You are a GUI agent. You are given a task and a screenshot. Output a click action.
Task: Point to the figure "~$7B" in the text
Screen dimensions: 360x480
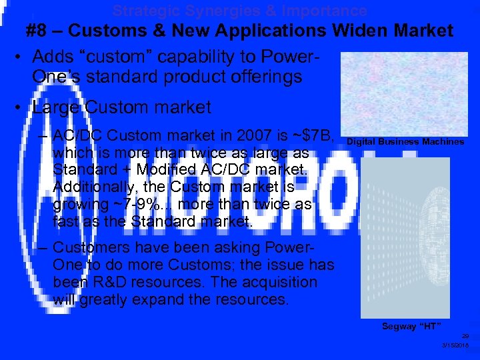(x=309, y=136)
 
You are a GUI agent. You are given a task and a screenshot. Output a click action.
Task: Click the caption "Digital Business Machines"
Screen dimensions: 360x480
(x=405, y=142)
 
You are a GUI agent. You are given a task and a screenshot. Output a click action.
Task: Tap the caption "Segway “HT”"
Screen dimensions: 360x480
(x=412, y=326)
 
